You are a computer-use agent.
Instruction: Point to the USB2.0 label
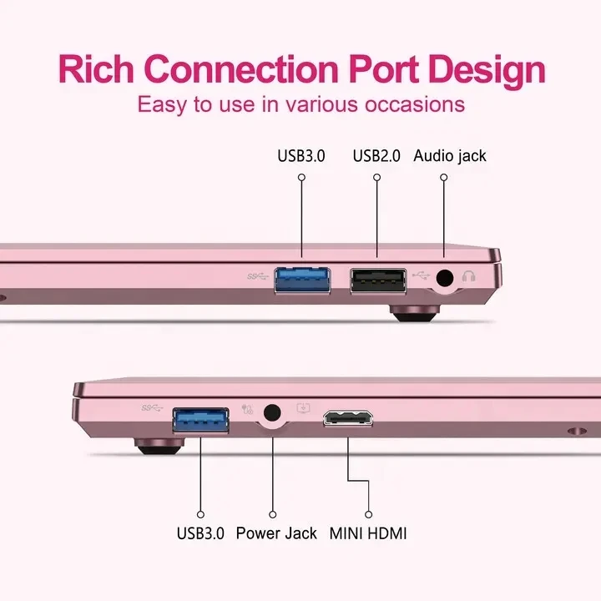[376, 156]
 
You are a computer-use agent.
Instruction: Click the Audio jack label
[450, 156]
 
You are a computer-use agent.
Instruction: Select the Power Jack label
[276, 533]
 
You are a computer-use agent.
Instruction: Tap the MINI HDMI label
[368, 533]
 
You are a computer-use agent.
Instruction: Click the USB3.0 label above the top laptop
[302, 156]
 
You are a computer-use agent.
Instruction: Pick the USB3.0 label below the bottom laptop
[200, 533]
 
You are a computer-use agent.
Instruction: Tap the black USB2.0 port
[378, 281]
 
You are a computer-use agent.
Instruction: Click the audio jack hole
[444, 279]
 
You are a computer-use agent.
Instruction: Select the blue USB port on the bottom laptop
[200, 420]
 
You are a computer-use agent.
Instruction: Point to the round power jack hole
[271, 412]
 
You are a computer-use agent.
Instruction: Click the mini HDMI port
[350, 417]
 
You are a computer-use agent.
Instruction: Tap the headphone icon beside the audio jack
[468, 277]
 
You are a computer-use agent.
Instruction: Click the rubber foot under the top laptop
[415, 314]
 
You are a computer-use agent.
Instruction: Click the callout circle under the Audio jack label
[444, 178]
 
